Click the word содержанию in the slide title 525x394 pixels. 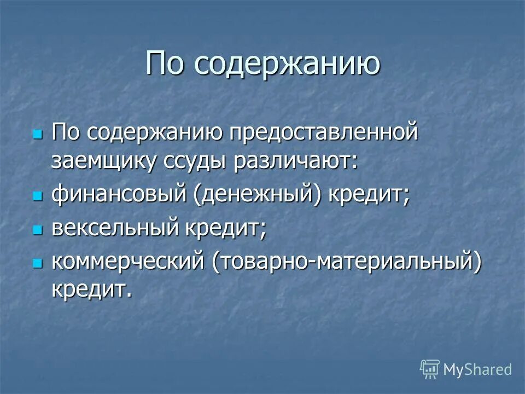click(x=287, y=64)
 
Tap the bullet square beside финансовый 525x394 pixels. click(x=38, y=196)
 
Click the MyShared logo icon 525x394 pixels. click(x=430, y=369)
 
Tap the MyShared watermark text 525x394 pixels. click(x=477, y=369)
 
